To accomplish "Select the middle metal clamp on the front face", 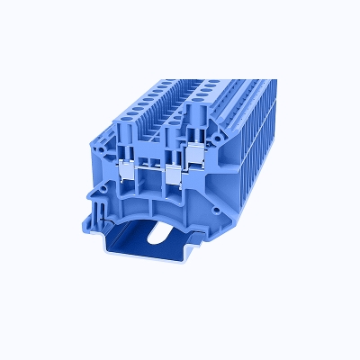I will [171, 171].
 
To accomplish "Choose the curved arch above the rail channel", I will [148, 209].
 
